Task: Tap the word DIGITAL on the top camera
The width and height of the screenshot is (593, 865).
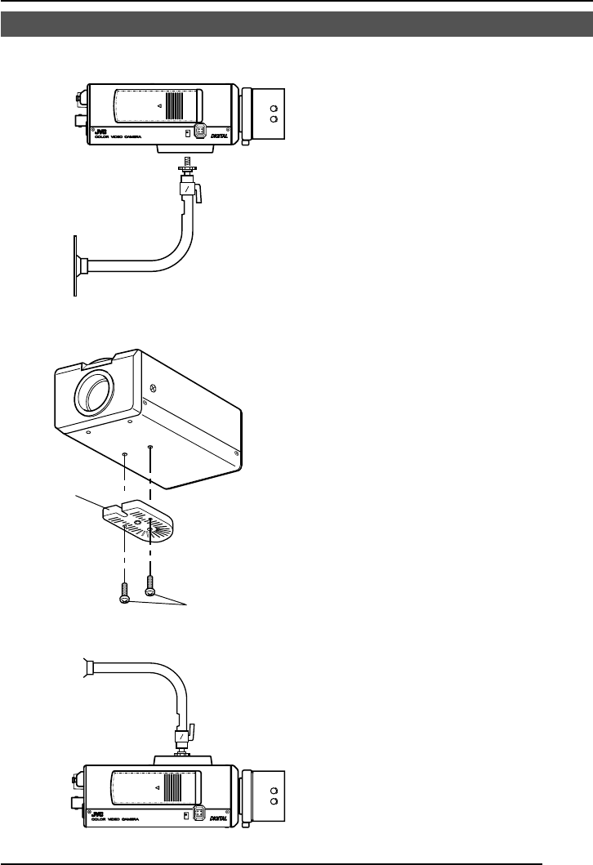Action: [x=222, y=137]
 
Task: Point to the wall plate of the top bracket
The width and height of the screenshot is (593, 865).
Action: [x=75, y=265]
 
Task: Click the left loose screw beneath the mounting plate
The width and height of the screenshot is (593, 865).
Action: [x=123, y=591]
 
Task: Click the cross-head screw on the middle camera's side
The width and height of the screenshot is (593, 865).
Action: [x=153, y=389]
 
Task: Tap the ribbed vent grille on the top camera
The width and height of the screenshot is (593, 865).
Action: [x=172, y=105]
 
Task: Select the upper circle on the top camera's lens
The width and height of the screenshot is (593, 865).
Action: [x=274, y=106]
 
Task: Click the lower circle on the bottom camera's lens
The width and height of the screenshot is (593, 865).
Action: [x=274, y=801]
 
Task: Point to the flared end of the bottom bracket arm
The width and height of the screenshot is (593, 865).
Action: [x=89, y=667]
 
